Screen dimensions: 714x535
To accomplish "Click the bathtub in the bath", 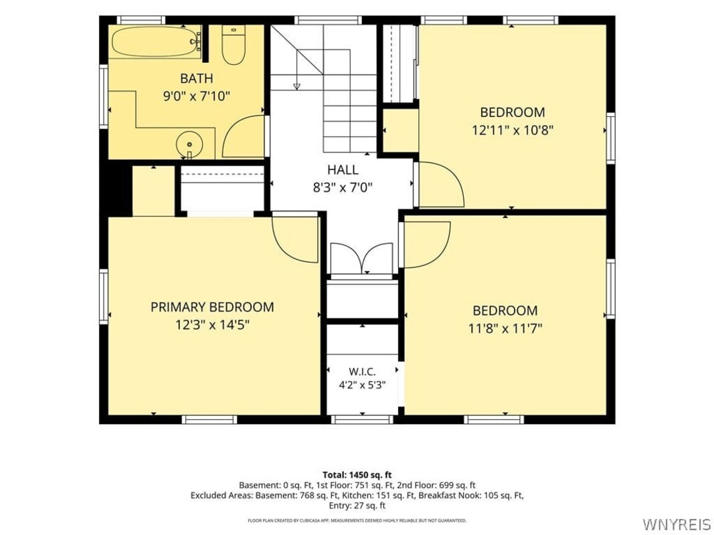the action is click(157, 42).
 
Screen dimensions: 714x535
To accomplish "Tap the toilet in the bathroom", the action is click(234, 45).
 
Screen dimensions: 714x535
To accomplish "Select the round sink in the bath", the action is click(189, 144).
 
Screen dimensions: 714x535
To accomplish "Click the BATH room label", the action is click(196, 78).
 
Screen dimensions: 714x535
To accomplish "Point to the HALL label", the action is click(343, 170).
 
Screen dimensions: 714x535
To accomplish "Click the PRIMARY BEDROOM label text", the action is click(212, 307).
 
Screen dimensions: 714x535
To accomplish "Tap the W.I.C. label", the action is click(362, 371).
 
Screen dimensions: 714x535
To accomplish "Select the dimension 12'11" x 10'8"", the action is click(513, 130).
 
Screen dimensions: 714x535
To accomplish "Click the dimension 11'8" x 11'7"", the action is click(505, 328).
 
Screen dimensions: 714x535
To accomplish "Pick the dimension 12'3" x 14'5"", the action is click(212, 325).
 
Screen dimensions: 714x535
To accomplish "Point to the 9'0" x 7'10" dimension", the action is click(196, 96).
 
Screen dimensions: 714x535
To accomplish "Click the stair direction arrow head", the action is click(297, 86).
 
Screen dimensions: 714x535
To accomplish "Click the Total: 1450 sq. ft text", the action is click(357, 475).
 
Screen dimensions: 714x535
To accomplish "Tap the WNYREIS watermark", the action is click(676, 523).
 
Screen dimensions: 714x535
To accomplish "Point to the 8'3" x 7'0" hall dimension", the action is click(343, 187).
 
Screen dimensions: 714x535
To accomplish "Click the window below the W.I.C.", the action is click(362, 419).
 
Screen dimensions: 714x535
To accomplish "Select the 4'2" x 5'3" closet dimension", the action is click(362, 385).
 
